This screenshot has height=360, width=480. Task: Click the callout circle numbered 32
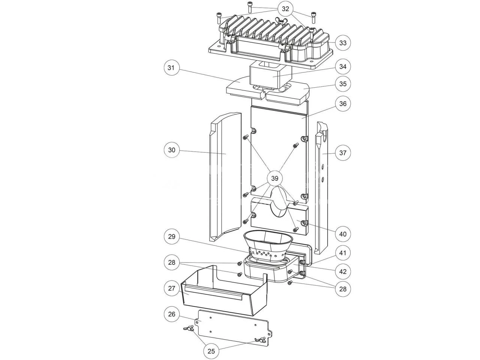(285, 9)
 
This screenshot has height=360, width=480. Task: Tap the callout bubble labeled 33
(343, 43)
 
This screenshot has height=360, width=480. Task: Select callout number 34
(343, 66)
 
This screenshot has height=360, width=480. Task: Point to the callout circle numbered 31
(171, 67)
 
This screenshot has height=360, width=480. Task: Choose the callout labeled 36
(343, 103)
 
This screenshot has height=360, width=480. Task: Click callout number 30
(172, 150)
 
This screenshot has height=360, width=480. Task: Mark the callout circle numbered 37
(343, 153)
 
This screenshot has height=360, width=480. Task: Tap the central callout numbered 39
(274, 178)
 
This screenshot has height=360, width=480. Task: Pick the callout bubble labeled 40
(343, 234)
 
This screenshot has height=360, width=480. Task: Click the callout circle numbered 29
(172, 237)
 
